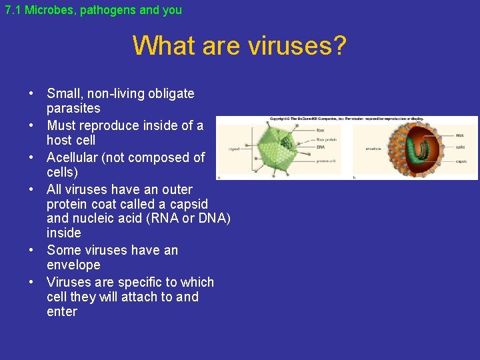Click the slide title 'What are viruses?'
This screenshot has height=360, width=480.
tap(239, 46)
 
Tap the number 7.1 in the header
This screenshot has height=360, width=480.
tap(13, 11)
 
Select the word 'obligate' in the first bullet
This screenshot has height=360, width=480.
tap(170, 93)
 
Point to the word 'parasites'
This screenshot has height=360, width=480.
tap(73, 108)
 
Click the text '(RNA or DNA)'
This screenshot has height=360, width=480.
tap(193, 218)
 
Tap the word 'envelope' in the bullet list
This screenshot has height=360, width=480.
tap(73, 265)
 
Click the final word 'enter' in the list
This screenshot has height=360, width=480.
tap(62, 311)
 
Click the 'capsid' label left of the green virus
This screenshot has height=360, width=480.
tap(234, 149)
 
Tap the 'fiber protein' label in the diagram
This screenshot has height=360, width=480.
tap(326, 139)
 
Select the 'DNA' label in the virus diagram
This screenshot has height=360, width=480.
tap(321, 147)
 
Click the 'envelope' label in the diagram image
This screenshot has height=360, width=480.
tap(373, 149)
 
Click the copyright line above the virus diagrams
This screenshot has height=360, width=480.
tap(347, 119)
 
